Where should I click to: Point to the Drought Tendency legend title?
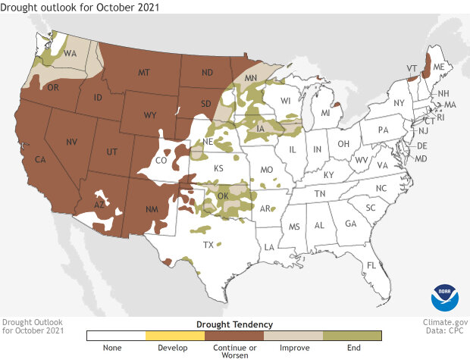[x=233, y=324]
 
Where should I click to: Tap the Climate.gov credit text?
[x=443, y=322]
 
